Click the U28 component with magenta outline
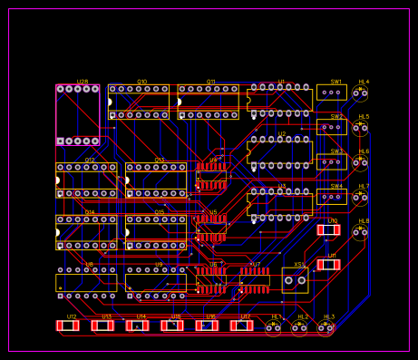(78, 115)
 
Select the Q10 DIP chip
(139, 102)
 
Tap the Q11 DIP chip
(209, 102)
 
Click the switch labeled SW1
(332, 92)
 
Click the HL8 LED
(360, 232)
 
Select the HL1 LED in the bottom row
(273, 328)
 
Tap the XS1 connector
(295, 280)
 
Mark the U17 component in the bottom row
(241, 326)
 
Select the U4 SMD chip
(212, 175)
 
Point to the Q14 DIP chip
(86, 232)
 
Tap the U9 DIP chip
(156, 282)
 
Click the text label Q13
(160, 160)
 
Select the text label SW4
(336, 186)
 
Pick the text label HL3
(329, 316)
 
